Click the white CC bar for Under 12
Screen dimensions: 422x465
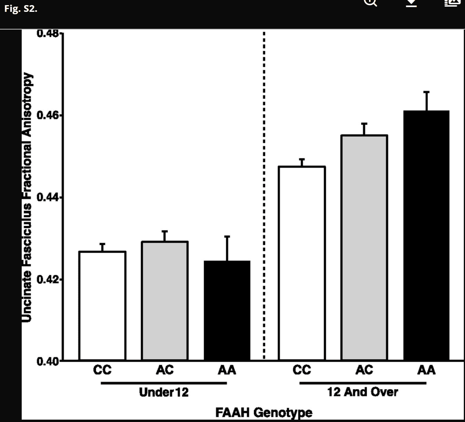click(x=103, y=306)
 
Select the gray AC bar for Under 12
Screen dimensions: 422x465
click(x=165, y=301)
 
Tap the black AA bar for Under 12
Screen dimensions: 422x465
click(x=227, y=310)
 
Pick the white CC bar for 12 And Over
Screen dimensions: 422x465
click(x=302, y=263)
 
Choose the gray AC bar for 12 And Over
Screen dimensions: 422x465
click(x=364, y=248)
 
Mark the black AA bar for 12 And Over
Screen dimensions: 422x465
click(x=426, y=235)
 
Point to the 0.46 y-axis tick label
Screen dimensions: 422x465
click(x=48, y=116)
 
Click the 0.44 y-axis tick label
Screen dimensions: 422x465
click(x=48, y=197)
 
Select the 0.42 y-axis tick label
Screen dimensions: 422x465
click(x=48, y=280)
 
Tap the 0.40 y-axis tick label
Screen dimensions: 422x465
click(x=48, y=361)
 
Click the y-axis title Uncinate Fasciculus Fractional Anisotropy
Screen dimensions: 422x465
click(x=27, y=197)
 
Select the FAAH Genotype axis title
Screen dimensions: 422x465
click(x=264, y=413)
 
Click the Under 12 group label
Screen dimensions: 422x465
click(x=164, y=392)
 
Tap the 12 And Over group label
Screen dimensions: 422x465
click(x=362, y=392)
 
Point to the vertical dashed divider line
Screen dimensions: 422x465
click(x=264, y=197)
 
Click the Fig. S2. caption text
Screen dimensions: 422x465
click(x=21, y=9)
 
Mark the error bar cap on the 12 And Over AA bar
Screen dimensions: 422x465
click(x=426, y=92)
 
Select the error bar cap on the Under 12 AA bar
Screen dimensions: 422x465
click(x=227, y=237)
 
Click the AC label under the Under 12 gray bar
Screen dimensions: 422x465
click(x=165, y=370)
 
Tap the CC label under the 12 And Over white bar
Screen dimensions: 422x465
click(x=302, y=370)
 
